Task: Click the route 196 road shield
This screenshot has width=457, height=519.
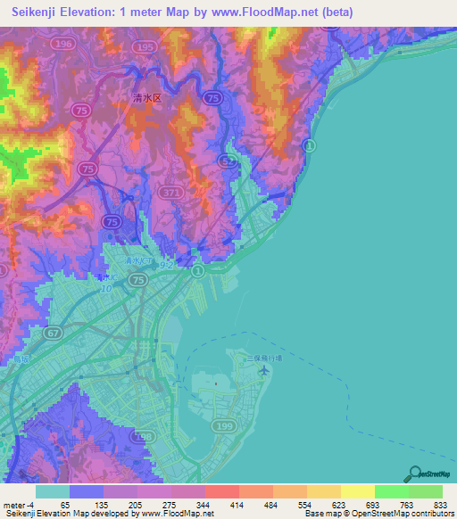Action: coord(87,42)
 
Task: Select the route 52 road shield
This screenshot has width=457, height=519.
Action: coord(229,161)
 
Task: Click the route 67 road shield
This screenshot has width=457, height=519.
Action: coord(54,332)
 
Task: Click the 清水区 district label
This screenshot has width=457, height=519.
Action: coord(145,100)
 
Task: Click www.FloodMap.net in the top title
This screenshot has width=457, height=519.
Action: coord(269,12)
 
